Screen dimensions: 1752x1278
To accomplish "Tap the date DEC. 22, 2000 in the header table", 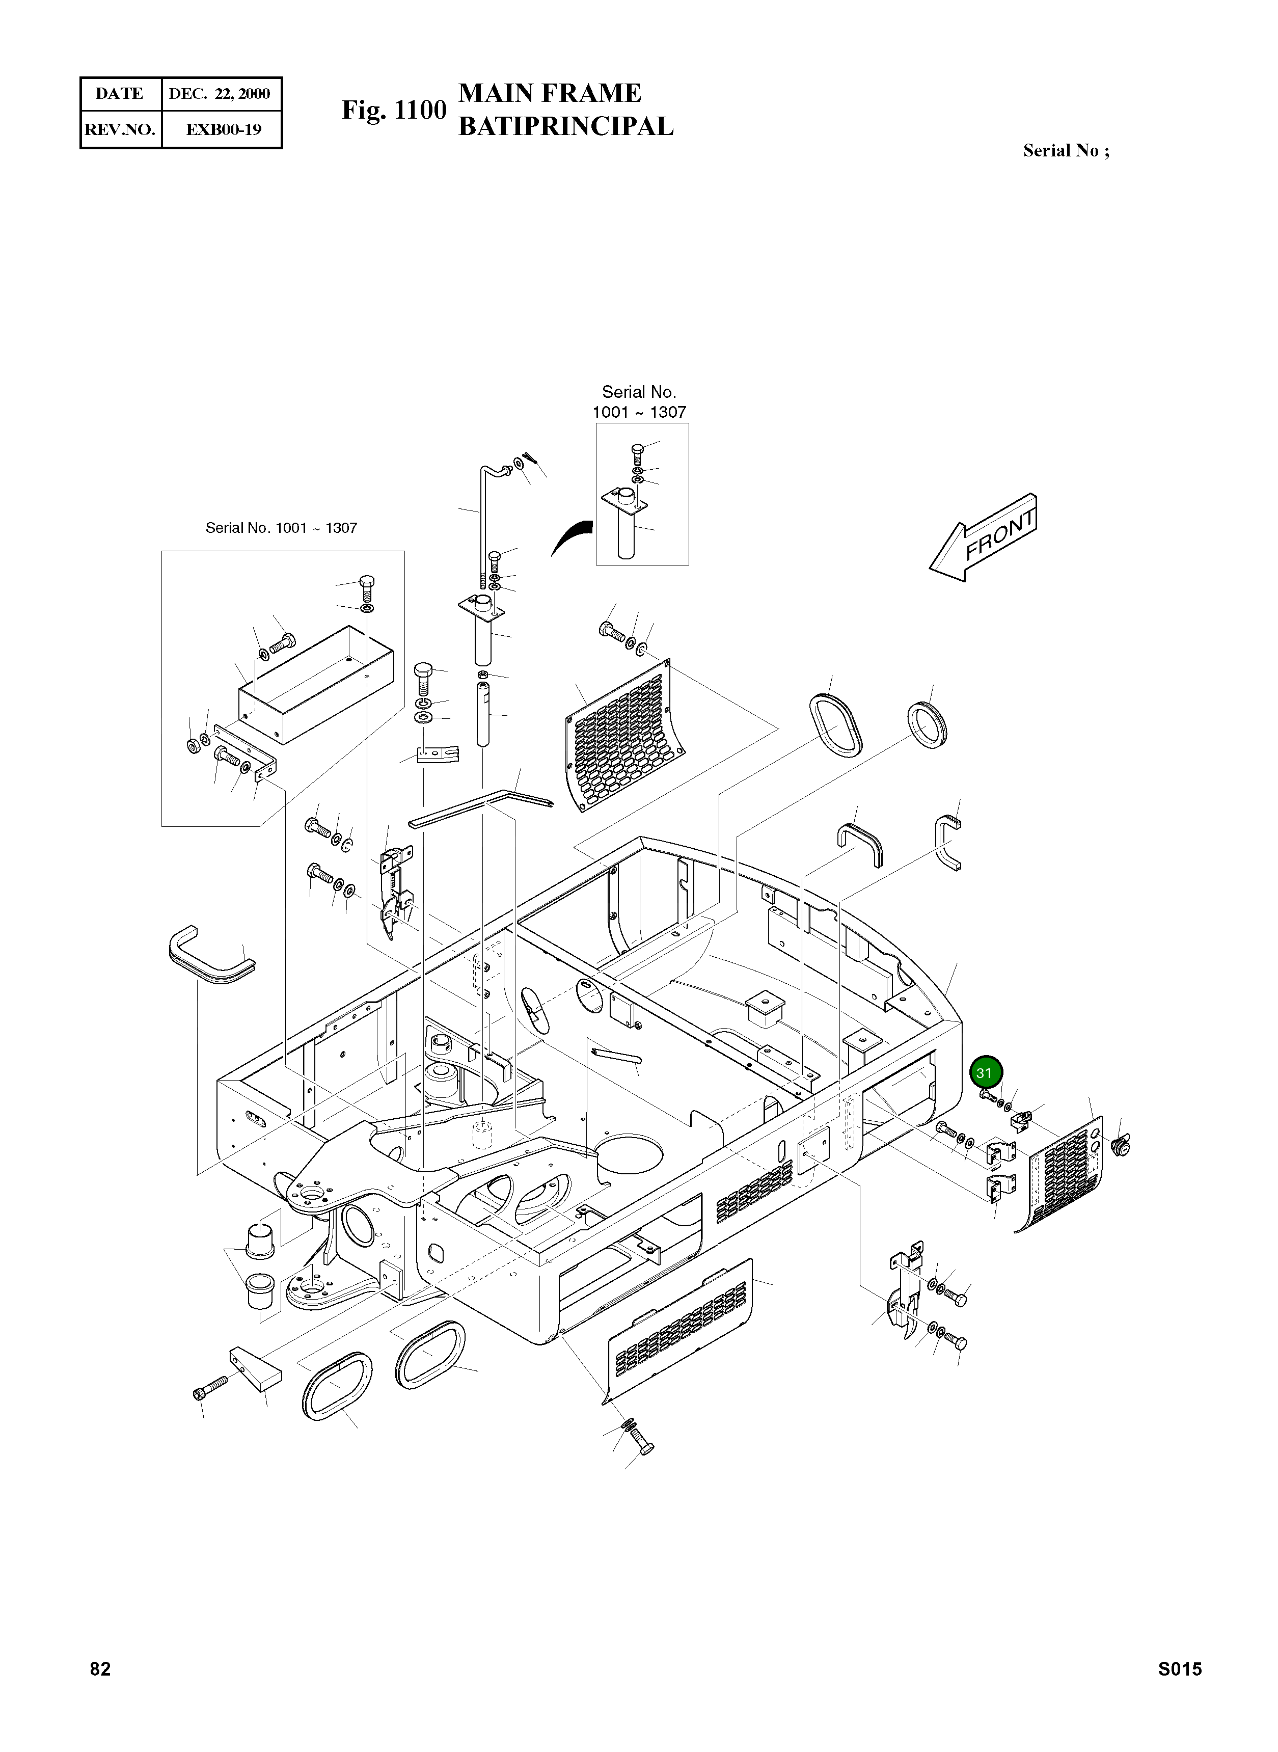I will pyautogui.click(x=220, y=94).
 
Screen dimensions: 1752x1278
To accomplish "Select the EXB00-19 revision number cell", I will pyautogui.click(x=223, y=129).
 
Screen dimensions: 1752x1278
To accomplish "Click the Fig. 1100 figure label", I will pyautogui.click(x=394, y=111).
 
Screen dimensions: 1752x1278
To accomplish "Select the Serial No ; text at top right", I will pyautogui.click(x=1065, y=151).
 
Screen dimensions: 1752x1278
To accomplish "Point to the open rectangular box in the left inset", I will pyautogui.click(x=316, y=685).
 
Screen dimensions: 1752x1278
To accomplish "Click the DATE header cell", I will pyautogui.click(x=120, y=94).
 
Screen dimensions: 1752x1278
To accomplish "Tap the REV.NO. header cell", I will pyautogui.click(x=120, y=129).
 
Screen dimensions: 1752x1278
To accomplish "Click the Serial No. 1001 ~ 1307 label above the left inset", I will pyautogui.click(x=281, y=528).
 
